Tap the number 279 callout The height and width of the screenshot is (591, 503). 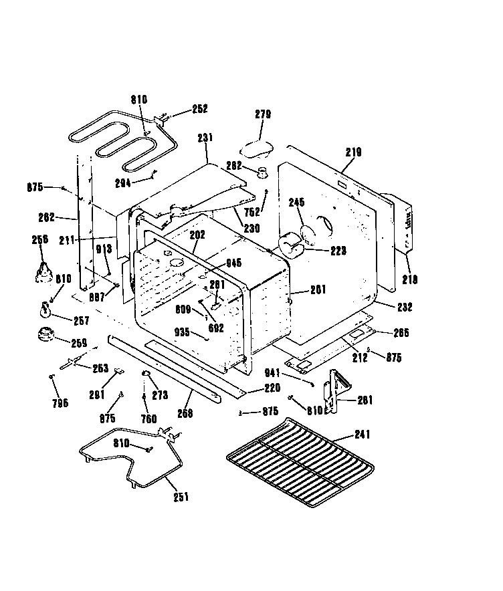[263, 114]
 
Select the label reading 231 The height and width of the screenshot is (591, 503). [205, 138]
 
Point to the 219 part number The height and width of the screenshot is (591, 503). [353, 152]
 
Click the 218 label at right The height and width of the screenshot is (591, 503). [409, 279]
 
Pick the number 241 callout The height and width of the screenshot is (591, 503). [361, 435]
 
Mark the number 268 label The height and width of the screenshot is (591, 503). [185, 413]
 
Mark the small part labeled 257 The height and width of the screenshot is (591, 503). [46, 310]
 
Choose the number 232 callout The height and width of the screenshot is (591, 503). [404, 308]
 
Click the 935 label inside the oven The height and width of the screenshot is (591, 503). [182, 331]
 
